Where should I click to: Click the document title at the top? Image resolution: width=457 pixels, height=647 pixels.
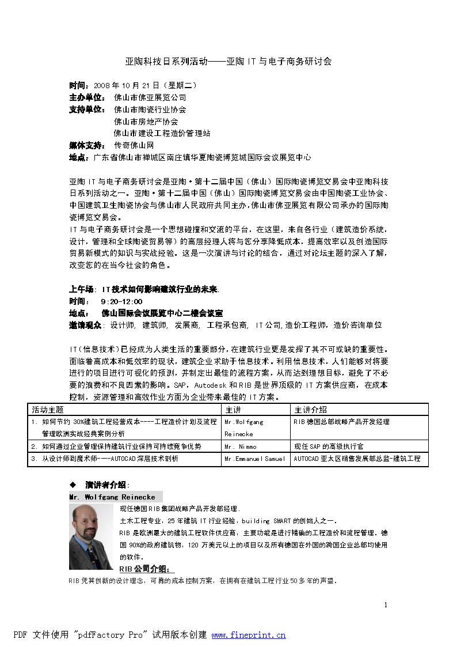228,60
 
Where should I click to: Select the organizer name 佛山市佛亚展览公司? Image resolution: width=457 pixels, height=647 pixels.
150,97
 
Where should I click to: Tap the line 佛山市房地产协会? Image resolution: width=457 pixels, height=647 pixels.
146,121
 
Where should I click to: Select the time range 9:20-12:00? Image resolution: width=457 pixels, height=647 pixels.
121,301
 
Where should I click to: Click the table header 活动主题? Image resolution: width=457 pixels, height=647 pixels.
48,410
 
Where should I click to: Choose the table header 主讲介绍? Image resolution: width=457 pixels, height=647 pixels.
310,410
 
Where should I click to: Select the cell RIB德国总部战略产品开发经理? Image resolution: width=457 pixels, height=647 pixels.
341,422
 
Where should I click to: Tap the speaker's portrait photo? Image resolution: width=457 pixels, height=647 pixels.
91,537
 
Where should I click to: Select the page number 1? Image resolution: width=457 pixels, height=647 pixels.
386,604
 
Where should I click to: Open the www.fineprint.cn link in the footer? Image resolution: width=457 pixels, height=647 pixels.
249,635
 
